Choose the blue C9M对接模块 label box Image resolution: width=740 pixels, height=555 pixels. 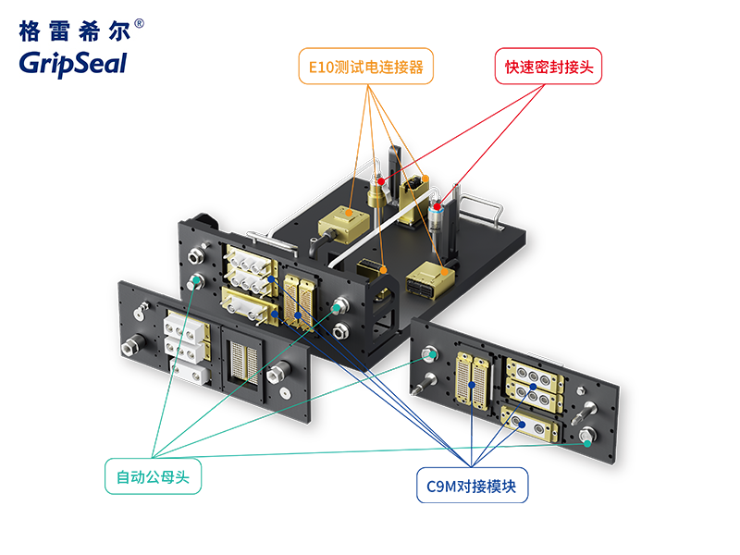tap(472, 485)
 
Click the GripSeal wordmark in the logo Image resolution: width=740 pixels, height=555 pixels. tap(72, 62)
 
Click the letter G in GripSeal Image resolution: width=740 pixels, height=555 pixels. tap(29, 62)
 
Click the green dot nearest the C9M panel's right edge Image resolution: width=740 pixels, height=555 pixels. tap(586, 443)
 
